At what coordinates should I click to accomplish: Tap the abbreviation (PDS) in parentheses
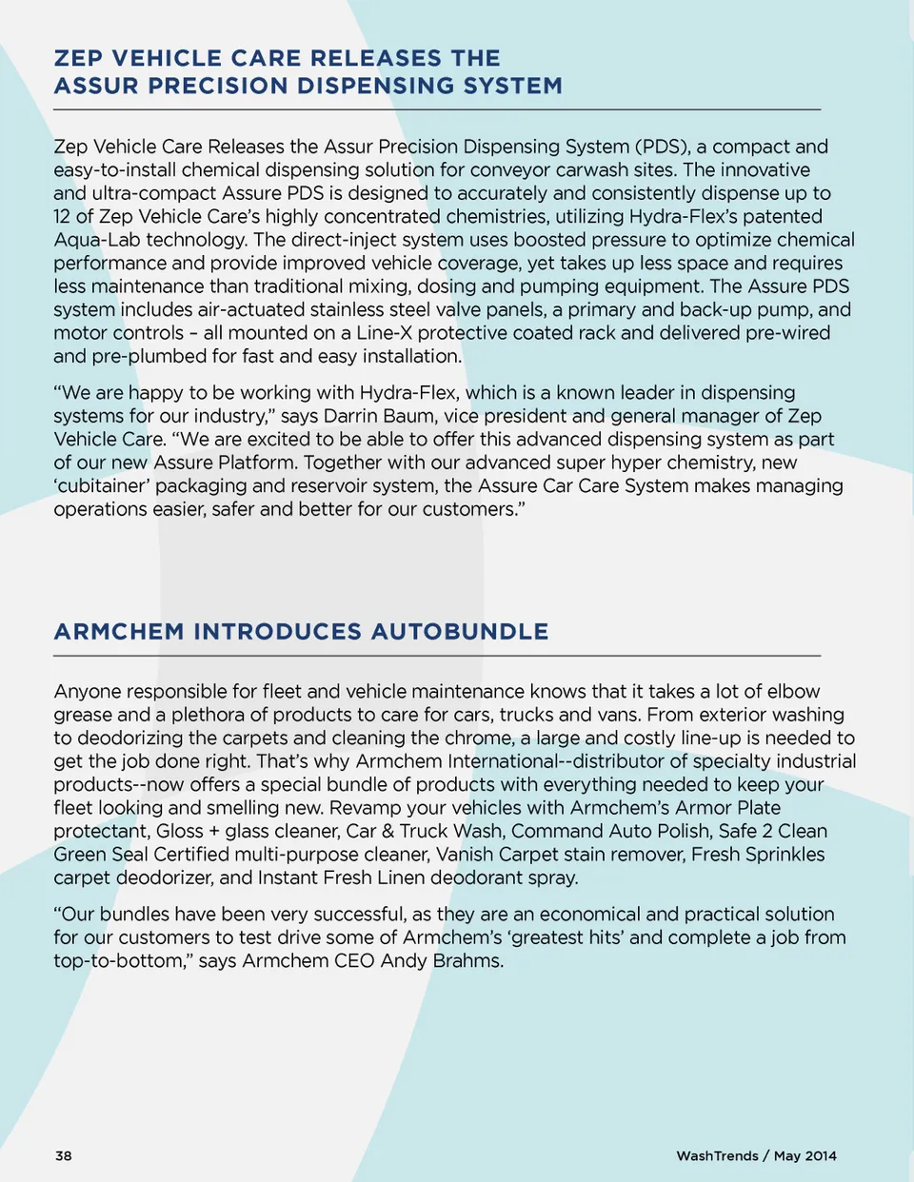pos(663,147)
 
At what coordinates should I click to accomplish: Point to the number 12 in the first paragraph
pos(63,216)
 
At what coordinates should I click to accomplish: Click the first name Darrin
pos(352,416)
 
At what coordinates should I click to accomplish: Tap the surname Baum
pos(410,416)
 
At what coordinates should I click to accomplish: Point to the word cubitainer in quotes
pos(101,486)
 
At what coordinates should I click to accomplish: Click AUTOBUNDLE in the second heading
pos(460,632)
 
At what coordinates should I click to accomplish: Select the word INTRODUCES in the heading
pos(279,632)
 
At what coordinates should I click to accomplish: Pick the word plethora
pos(210,715)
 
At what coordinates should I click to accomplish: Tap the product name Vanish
pos(465,855)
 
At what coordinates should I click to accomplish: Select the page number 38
pos(64,1155)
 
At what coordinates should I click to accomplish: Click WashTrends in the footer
pos(717,1155)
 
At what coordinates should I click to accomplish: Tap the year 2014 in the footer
pos(820,1155)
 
